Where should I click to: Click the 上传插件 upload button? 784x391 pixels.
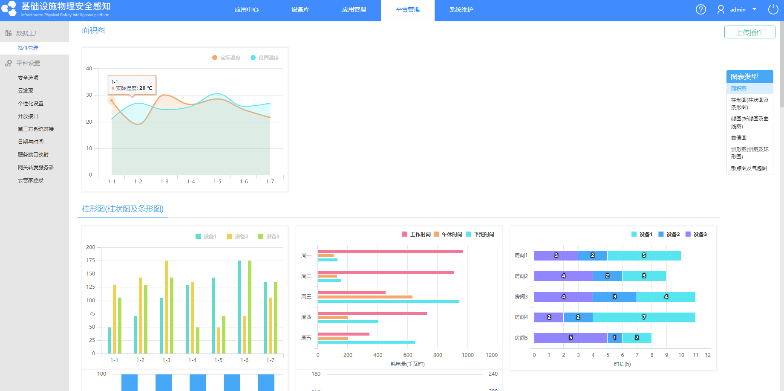(749, 32)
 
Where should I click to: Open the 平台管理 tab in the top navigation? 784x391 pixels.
(408, 10)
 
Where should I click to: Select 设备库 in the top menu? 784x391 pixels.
(300, 10)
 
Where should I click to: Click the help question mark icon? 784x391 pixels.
(701, 9)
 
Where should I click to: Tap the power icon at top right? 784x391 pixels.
(773, 9)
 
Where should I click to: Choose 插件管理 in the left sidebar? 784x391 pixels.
(28, 48)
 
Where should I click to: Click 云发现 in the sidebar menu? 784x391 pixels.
(26, 91)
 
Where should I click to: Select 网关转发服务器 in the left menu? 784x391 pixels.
(36, 168)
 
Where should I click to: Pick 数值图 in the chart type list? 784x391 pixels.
(739, 138)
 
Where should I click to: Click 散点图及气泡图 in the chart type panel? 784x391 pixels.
(749, 168)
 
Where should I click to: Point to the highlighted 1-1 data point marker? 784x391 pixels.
(112, 101)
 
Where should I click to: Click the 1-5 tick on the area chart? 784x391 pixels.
(217, 182)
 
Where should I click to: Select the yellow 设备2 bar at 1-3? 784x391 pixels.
(167, 307)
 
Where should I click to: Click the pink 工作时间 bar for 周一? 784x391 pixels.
(390, 252)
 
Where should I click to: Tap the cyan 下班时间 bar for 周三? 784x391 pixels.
(389, 301)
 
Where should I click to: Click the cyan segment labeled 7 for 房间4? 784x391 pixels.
(644, 317)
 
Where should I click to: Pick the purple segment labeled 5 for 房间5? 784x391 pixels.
(571, 338)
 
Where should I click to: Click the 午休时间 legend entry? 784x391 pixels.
(448, 235)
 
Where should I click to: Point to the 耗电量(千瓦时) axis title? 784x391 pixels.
(408, 364)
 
